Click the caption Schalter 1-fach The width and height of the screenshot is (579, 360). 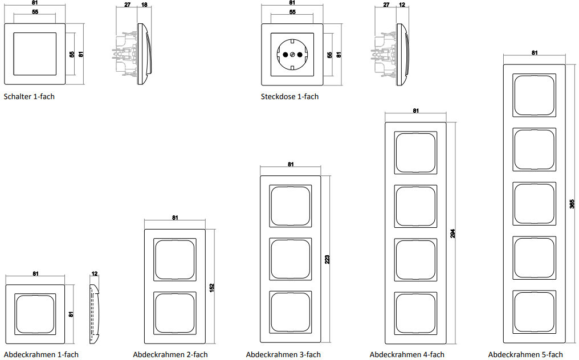click(x=29, y=97)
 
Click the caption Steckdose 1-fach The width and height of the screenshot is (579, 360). click(x=289, y=97)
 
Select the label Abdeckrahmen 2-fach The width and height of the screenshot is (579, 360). click(x=170, y=355)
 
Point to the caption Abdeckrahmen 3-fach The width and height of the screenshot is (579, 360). click(x=283, y=355)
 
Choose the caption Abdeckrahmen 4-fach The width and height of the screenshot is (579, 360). click(x=407, y=355)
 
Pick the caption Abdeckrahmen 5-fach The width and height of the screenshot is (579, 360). click(x=525, y=355)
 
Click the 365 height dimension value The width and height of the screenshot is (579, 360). click(x=573, y=203)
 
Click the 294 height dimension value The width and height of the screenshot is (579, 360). click(x=453, y=234)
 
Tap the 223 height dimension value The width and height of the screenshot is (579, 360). click(x=328, y=260)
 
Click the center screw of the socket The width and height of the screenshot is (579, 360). click(x=292, y=55)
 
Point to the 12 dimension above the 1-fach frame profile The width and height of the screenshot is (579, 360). click(x=95, y=274)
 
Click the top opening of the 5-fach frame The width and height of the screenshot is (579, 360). click(x=535, y=94)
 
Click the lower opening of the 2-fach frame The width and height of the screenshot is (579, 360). click(x=175, y=312)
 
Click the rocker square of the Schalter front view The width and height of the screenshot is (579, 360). click(x=35, y=55)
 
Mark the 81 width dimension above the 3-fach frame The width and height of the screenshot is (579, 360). click(x=291, y=165)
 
